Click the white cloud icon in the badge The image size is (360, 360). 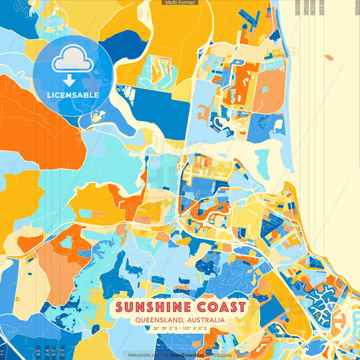pos(73,60)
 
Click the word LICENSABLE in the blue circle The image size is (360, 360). pos(73,95)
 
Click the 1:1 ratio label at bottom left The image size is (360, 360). pos(3,353)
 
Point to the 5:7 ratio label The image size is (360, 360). pos(54,353)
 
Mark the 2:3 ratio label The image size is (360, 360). pos(62,353)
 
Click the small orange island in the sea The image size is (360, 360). pos(328,57)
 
